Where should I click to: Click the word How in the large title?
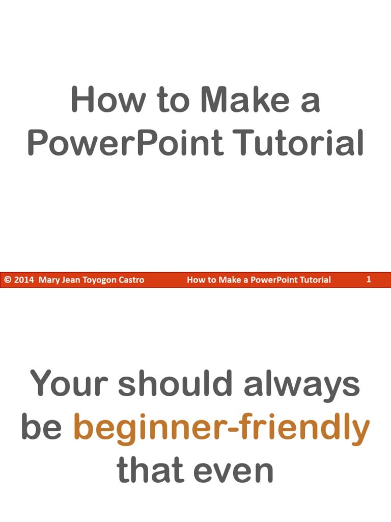tap(101, 100)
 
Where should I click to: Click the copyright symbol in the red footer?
tap(8, 280)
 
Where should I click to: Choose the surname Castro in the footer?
tap(132, 280)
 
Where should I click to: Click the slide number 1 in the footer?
tap(369, 279)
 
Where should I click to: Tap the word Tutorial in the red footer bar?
tap(313, 280)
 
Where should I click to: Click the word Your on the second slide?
tap(69, 384)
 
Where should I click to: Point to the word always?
tap(301, 385)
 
